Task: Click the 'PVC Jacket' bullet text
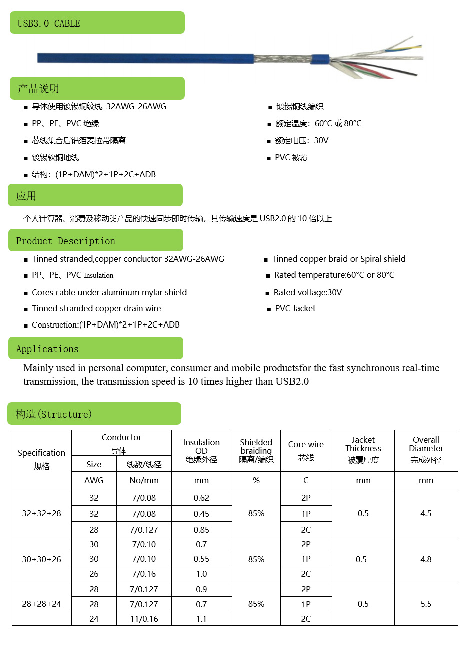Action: click(x=295, y=308)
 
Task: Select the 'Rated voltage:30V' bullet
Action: click(x=308, y=292)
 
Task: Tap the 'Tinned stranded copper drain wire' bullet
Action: click(x=96, y=308)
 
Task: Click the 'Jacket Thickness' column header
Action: click(x=363, y=450)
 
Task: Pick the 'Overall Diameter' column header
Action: click(x=426, y=450)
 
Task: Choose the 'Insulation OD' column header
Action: click(x=201, y=450)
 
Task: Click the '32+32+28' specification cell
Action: click(x=42, y=513)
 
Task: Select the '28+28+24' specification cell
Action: click(x=42, y=604)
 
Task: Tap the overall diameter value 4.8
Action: click(x=426, y=559)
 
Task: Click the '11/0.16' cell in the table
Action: click(x=144, y=619)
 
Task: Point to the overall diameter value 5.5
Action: click(x=426, y=604)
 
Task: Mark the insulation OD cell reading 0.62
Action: click(x=201, y=498)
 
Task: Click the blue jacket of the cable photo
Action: click(x=145, y=58)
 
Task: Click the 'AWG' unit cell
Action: click(x=94, y=480)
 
